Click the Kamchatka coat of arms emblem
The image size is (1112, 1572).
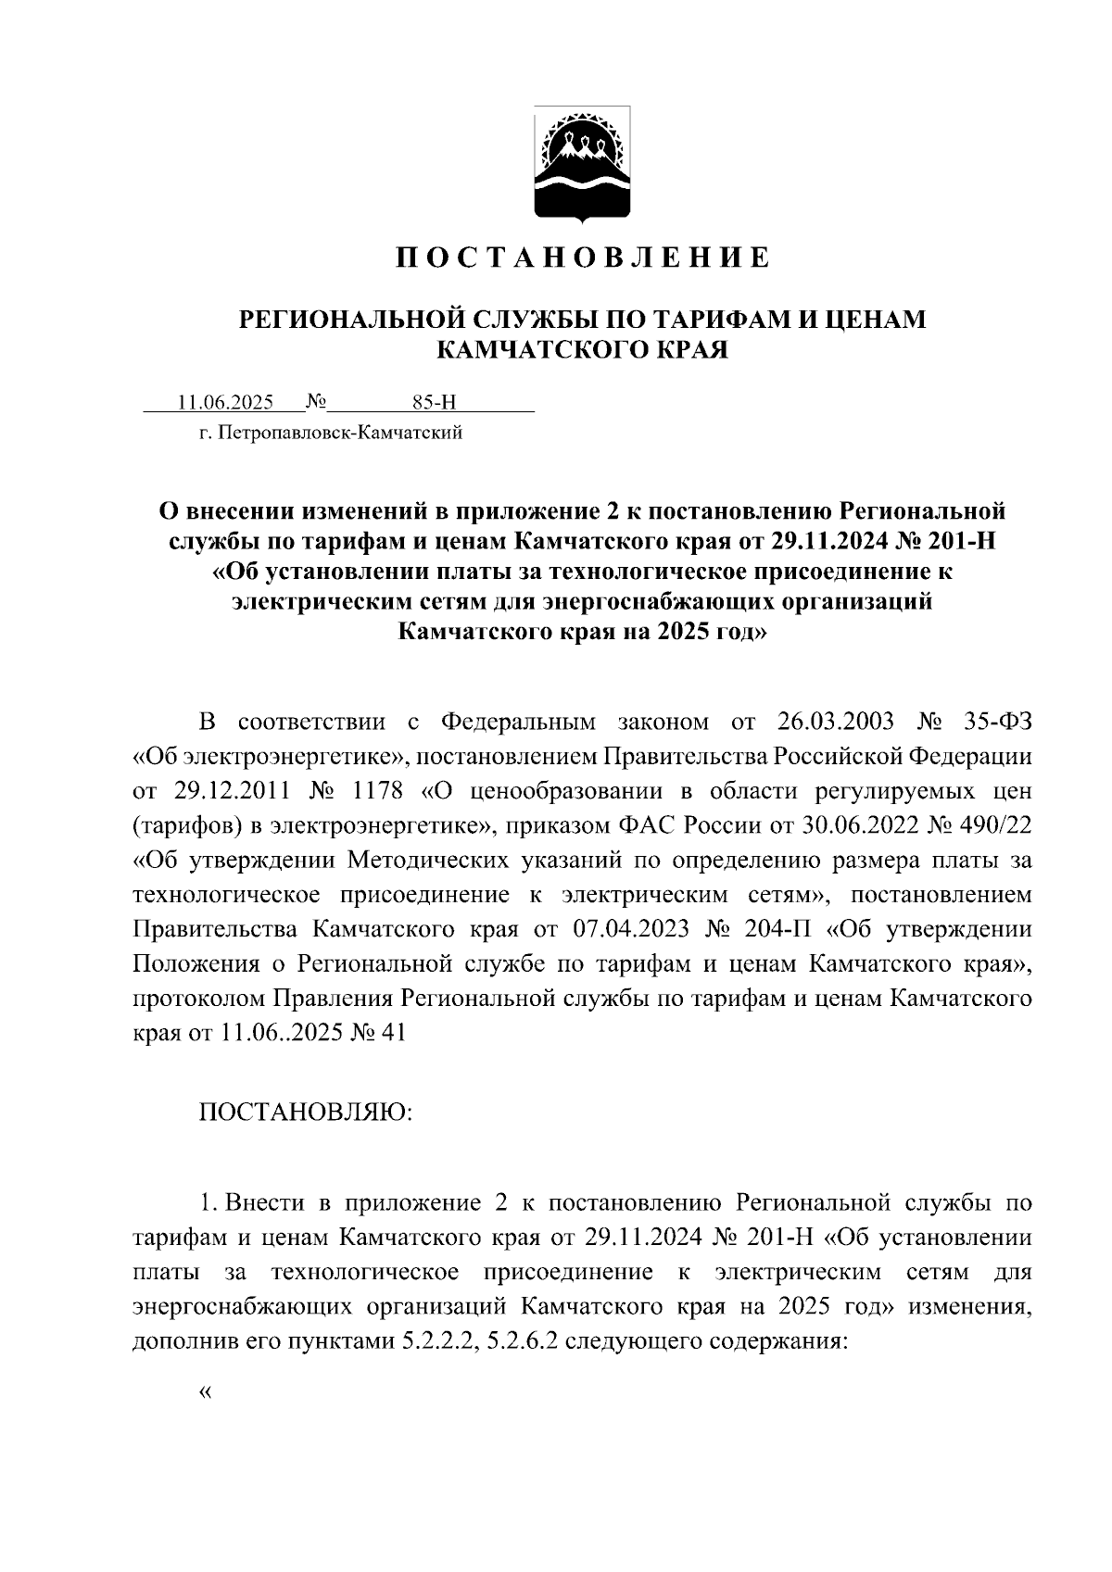click(x=582, y=165)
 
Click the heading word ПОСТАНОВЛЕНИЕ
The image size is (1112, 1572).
click(x=583, y=258)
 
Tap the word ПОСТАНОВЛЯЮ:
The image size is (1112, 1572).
click(x=305, y=1111)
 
